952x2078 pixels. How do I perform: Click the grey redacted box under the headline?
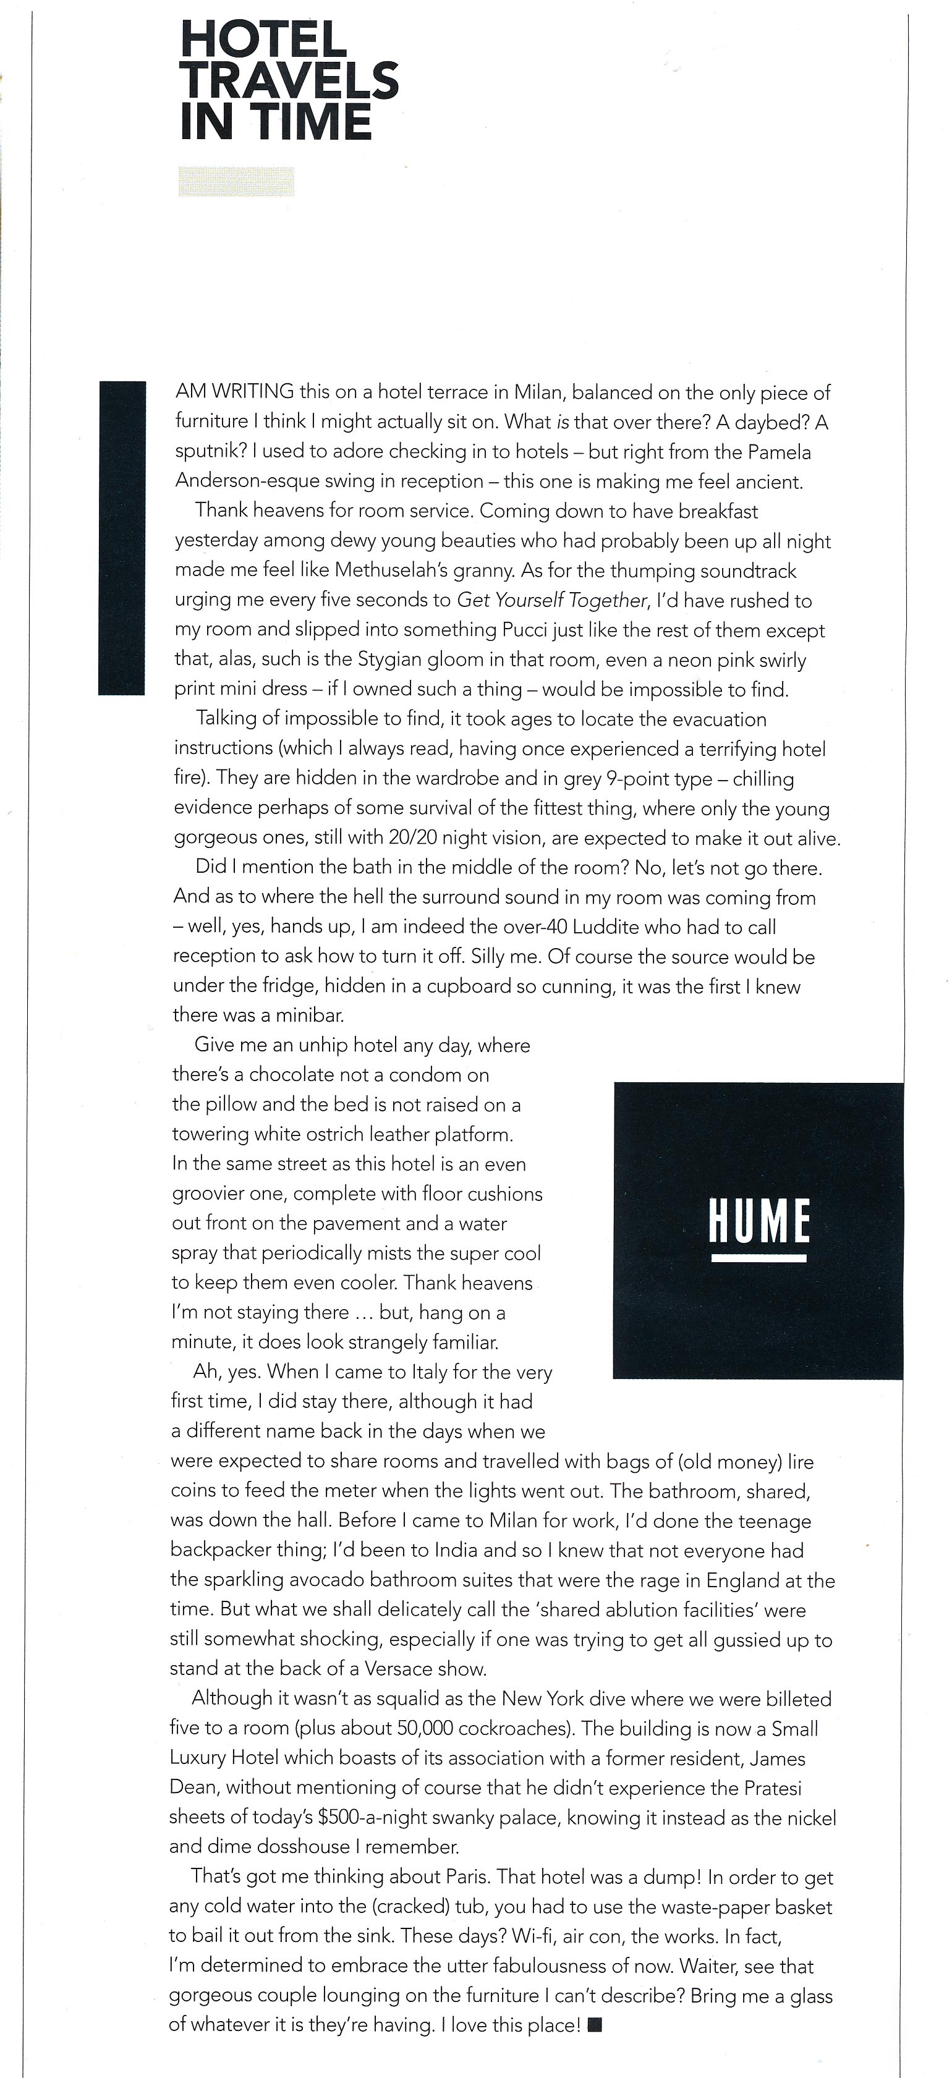point(236,182)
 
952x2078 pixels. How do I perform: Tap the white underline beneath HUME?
point(759,1258)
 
